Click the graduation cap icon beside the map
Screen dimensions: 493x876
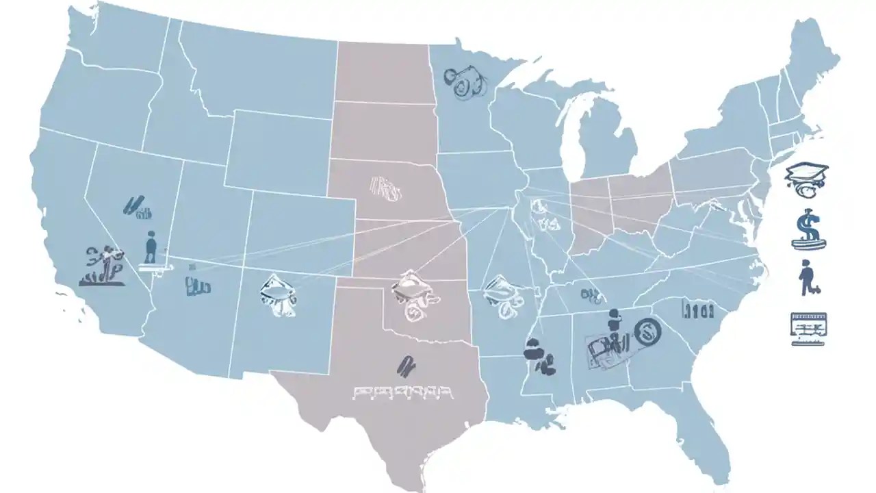(x=807, y=177)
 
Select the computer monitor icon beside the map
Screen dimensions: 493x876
(x=808, y=327)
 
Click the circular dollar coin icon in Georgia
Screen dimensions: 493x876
(x=648, y=333)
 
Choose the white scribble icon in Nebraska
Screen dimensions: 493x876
(x=385, y=188)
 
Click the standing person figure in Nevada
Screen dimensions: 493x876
(x=151, y=248)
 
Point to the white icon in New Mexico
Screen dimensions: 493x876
(x=279, y=295)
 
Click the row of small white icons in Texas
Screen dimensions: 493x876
(x=402, y=392)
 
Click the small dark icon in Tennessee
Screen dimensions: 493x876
(x=591, y=295)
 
